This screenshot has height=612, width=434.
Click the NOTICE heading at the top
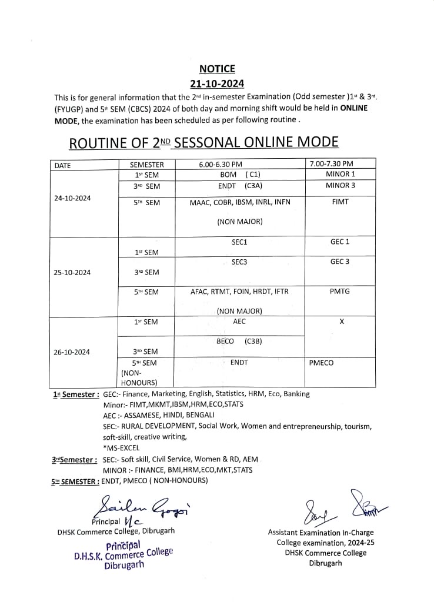tap(216, 69)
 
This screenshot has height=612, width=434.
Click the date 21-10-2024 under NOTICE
tap(216, 83)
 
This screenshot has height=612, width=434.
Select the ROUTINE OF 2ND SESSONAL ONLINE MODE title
tap(203, 142)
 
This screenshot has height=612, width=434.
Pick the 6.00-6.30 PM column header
tap(221, 165)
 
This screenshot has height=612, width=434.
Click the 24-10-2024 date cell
tap(72, 198)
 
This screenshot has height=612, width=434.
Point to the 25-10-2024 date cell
tap(72, 272)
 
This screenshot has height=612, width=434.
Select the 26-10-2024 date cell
tap(72, 352)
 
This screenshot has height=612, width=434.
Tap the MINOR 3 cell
tap(340, 186)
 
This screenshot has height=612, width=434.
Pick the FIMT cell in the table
tap(340, 202)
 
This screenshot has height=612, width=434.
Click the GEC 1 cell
tap(340, 242)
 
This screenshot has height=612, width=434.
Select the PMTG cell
tap(340, 291)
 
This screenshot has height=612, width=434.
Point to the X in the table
tap(341, 322)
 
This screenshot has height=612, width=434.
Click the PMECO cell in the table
tap(321, 363)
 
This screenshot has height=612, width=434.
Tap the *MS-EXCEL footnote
tap(121, 447)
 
